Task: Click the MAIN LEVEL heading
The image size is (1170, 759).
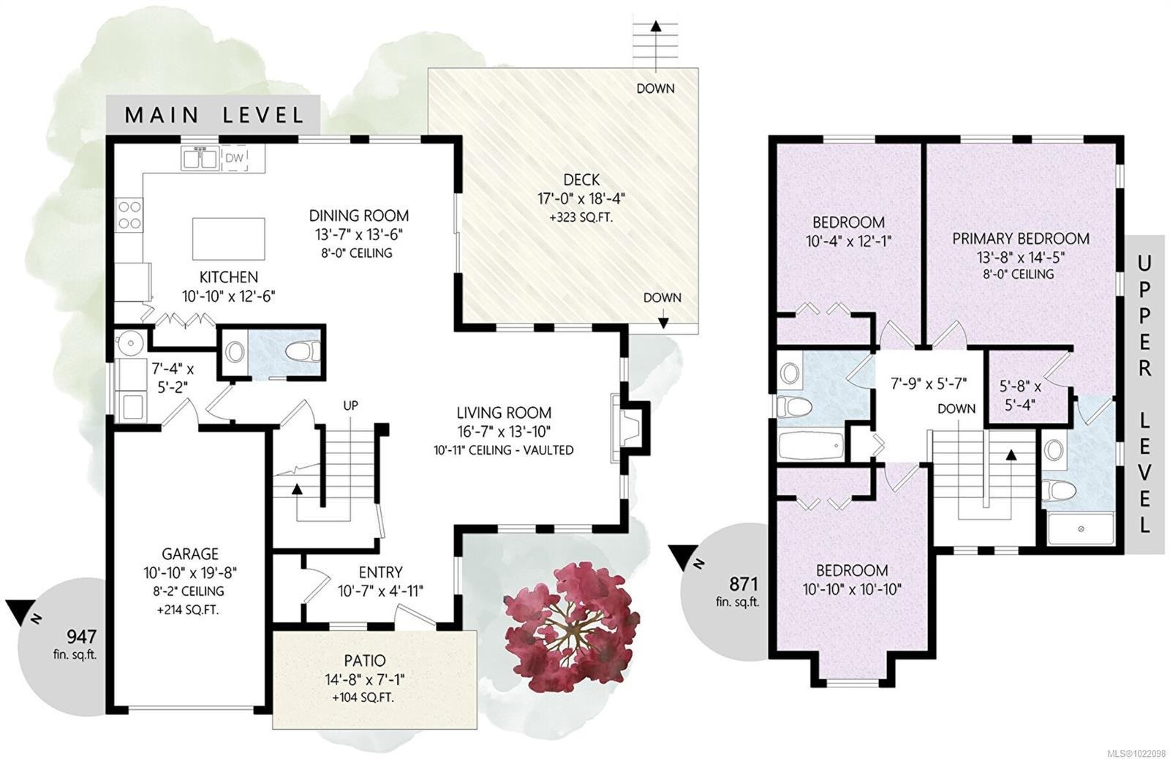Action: coord(214,115)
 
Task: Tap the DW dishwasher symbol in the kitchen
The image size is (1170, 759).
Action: coord(234,158)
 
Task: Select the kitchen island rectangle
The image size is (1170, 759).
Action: coord(228,239)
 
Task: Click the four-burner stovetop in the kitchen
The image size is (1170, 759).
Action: coord(129,214)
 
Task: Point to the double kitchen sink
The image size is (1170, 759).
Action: coord(199,157)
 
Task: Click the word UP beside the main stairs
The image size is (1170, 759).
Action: coord(350,405)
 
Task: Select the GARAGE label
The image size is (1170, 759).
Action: coord(190,554)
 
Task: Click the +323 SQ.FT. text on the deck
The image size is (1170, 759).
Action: coord(581,218)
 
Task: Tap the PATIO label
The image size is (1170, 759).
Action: coord(365,661)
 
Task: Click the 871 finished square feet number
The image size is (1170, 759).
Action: coord(743,584)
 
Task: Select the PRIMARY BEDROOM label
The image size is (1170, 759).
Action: coord(1020,239)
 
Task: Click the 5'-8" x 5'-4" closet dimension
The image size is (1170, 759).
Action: coord(1020,395)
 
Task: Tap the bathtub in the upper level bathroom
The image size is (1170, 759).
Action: coord(811,446)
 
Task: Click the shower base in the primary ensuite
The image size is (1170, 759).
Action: coord(1081,528)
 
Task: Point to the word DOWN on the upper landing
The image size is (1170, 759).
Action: coord(956,408)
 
